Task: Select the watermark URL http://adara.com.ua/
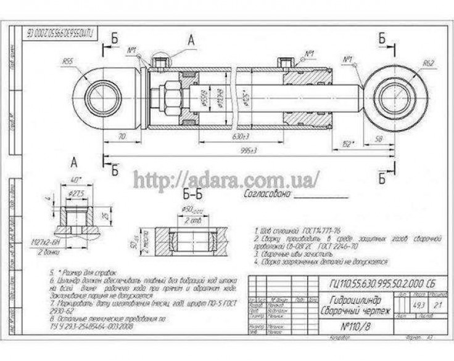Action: [x=226, y=179]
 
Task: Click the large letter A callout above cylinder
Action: [x=191, y=41]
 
